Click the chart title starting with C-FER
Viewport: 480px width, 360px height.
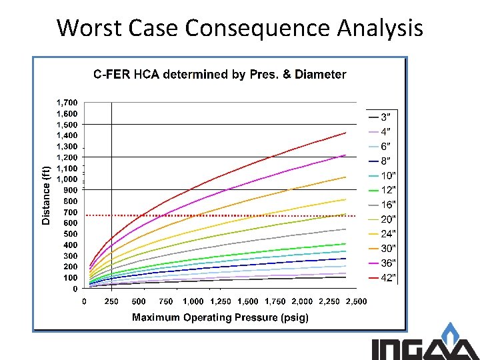[x=219, y=75]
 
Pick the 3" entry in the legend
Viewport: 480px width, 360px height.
[x=381, y=117]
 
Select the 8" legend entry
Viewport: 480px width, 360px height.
[x=381, y=161]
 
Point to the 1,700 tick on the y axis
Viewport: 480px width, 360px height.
[x=67, y=103]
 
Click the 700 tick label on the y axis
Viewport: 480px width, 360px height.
[x=70, y=212]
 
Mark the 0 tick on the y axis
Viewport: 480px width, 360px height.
[x=75, y=289]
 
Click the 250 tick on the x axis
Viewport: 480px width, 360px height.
[x=111, y=302]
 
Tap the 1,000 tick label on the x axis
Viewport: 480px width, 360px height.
[x=193, y=302]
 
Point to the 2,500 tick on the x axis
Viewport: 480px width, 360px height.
[x=356, y=302]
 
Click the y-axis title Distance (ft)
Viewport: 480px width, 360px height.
[x=46, y=195]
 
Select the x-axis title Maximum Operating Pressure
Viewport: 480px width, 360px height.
[x=220, y=317]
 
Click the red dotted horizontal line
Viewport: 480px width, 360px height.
[x=200, y=215]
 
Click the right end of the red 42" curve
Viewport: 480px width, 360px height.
[x=345, y=133]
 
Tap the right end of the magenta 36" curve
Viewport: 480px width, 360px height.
[x=345, y=155]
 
